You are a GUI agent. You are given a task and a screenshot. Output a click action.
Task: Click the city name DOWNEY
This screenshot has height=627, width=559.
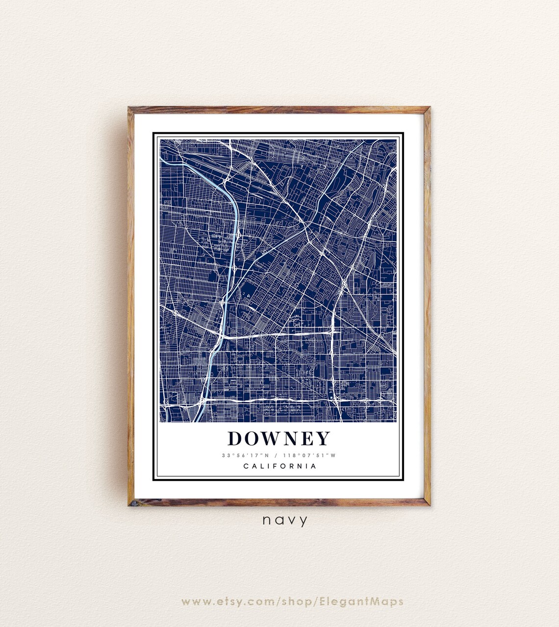tap(279, 438)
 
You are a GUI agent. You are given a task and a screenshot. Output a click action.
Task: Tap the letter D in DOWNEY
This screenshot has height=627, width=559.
tap(236, 438)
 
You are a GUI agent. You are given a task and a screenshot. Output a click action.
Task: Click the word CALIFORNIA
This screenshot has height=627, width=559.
tap(279, 466)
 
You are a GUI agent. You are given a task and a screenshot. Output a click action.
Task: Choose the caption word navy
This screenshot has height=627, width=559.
tap(285, 520)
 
